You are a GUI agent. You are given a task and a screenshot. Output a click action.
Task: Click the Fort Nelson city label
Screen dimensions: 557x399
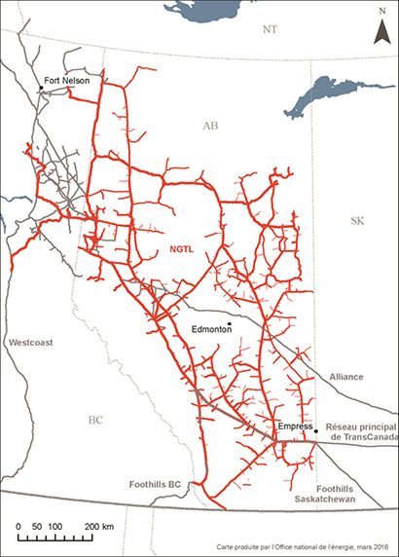66,81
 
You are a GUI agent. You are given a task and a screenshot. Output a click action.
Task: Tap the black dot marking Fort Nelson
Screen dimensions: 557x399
41,90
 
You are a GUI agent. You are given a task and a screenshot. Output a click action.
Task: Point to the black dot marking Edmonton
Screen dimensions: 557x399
230,324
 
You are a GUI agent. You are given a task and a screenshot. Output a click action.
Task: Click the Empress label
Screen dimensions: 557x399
294,427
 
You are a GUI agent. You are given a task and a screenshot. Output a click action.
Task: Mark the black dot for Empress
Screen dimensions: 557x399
315,431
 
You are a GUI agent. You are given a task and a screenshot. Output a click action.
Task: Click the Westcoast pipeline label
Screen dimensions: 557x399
30,343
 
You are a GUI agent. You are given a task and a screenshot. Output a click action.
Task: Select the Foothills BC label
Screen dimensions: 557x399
155,483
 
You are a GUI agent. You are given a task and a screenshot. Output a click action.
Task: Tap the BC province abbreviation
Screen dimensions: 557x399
94,421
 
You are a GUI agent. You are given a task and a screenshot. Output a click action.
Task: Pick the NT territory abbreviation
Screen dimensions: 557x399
271,31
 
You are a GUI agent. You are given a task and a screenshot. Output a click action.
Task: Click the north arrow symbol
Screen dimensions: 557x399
381,29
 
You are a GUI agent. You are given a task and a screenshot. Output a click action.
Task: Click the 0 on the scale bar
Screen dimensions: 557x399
20,526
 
